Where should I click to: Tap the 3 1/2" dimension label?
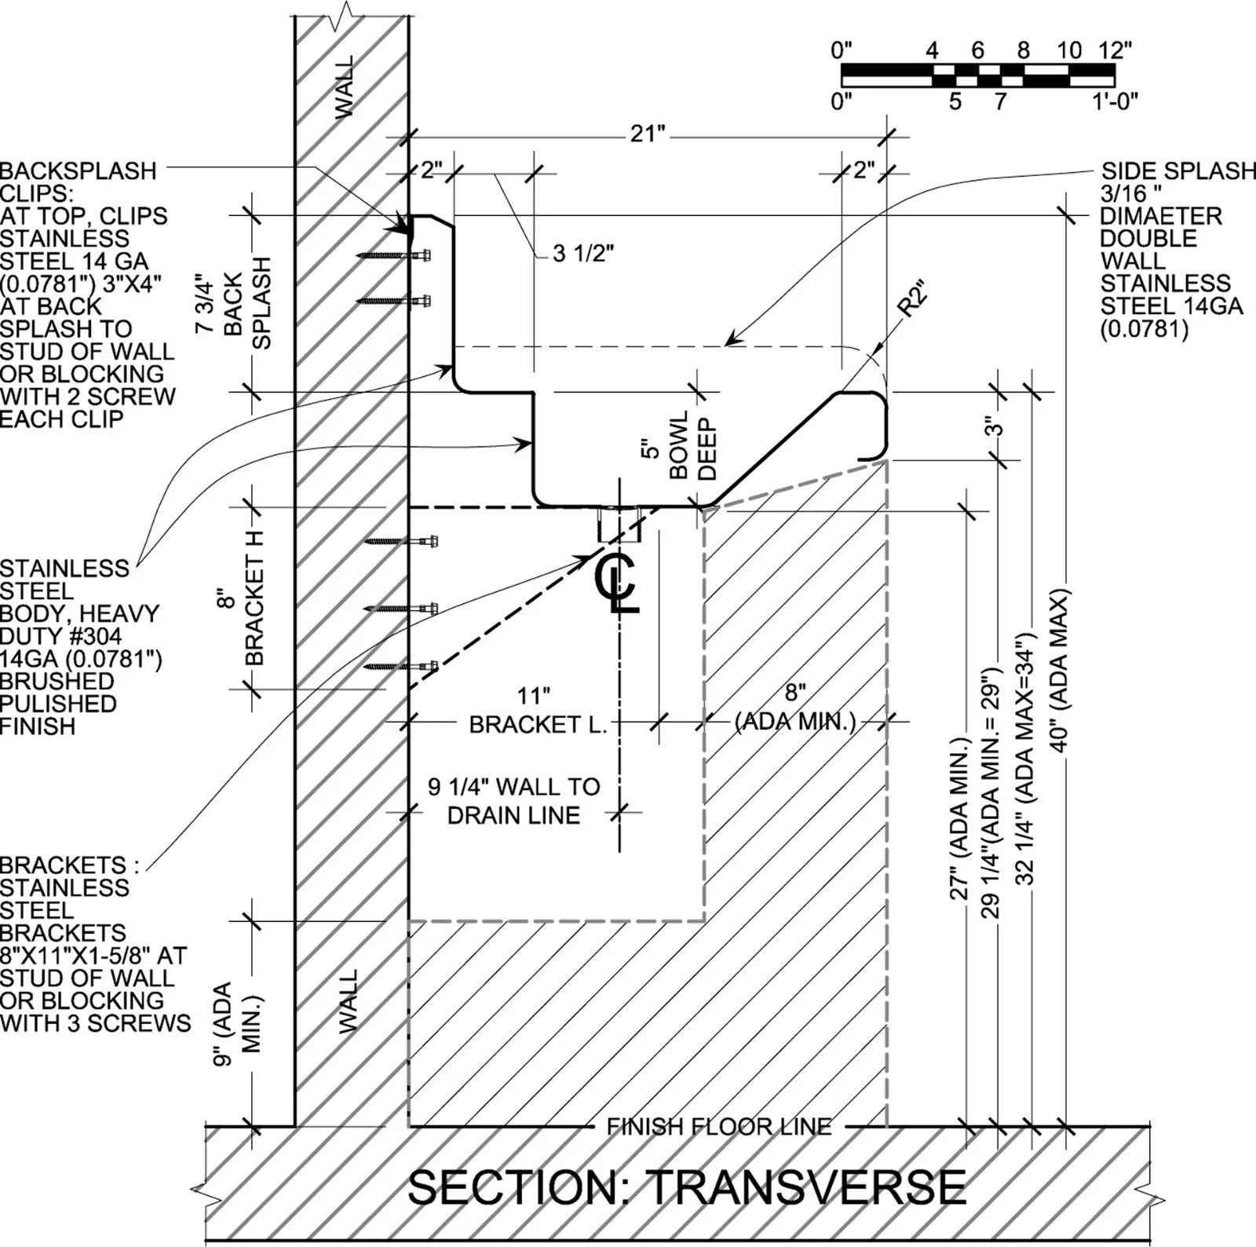(x=583, y=254)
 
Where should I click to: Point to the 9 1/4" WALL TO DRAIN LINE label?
(x=514, y=801)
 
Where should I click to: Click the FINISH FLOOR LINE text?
(x=718, y=1127)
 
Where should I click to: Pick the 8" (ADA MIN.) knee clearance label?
(x=795, y=707)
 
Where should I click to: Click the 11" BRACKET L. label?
(x=538, y=710)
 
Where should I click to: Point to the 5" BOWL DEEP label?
(x=680, y=445)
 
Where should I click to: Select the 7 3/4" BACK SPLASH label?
(x=233, y=304)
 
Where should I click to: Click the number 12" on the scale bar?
(x=1115, y=51)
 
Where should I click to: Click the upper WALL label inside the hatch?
(x=345, y=86)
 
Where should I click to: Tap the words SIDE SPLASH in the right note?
(x=1177, y=170)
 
